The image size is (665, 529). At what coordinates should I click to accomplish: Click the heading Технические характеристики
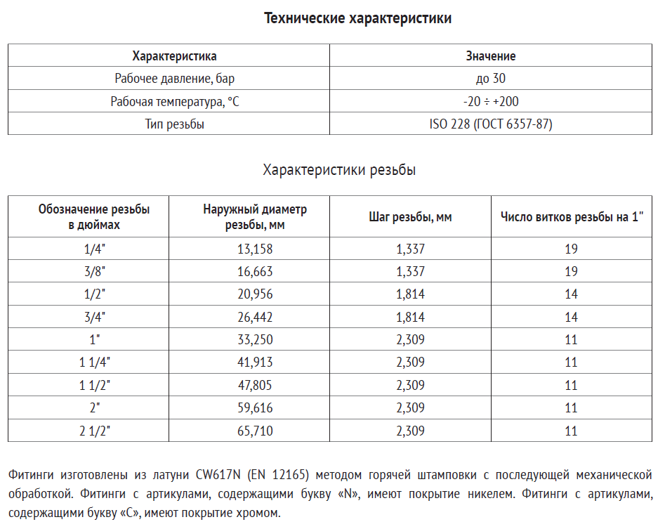click(x=357, y=18)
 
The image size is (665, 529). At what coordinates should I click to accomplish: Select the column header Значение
click(x=491, y=56)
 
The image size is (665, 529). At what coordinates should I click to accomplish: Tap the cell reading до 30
click(x=491, y=79)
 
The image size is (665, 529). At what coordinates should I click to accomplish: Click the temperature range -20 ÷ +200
click(x=491, y=101)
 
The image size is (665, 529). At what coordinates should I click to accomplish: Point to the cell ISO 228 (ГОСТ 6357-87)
click(x=491, y=124)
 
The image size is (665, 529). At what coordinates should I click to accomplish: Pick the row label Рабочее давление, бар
click(x=175, y=79)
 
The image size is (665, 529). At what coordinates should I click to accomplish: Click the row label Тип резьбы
click(x=175, y=124)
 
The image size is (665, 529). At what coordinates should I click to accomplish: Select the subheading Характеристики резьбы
click(x=338, y=170)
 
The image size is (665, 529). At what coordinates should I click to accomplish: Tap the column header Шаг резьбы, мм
click(x=410, y=217)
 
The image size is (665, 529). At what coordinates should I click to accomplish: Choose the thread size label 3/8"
click(x=94, y=271)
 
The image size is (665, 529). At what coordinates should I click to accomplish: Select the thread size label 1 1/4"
click(x=94, y=363)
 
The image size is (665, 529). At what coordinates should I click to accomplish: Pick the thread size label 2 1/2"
click(x=94, y=431)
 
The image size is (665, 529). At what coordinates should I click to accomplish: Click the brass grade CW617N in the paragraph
click(x=218, y=474)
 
